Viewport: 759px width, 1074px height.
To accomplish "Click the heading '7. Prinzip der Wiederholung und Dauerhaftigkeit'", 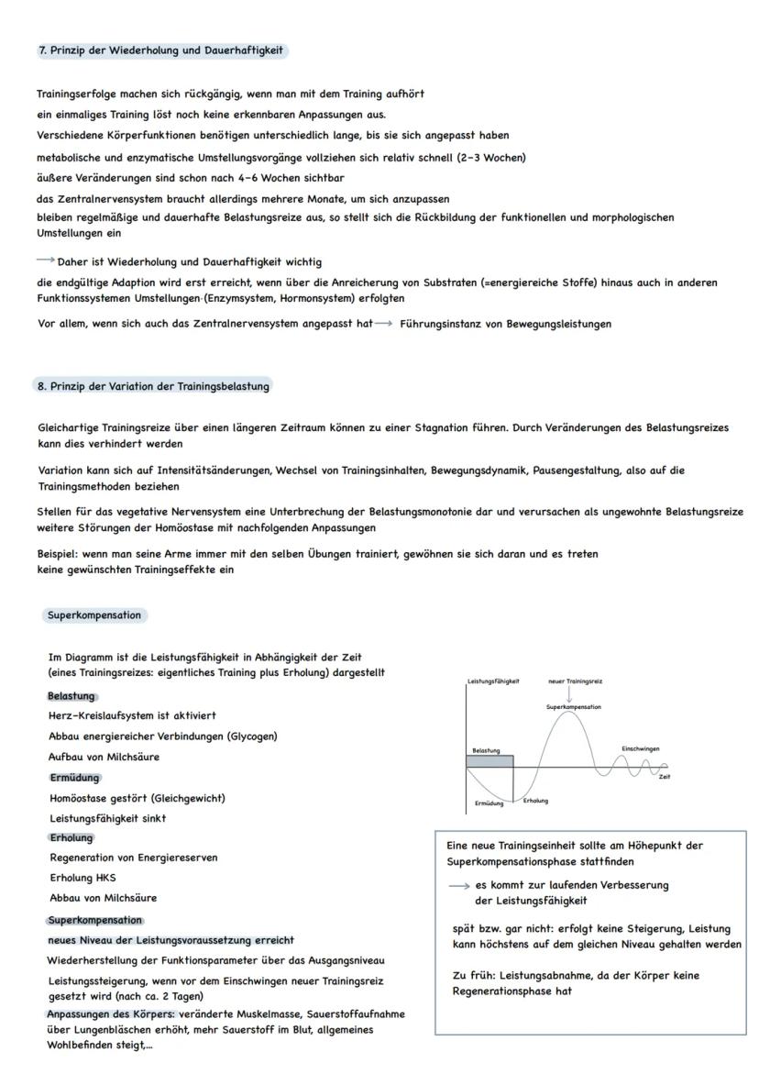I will click(x=160, y=50).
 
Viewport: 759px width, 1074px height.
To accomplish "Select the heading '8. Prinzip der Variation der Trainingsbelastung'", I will click(x=153, y=386).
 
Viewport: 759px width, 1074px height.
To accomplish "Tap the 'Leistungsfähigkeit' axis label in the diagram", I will click(x=493, y=681).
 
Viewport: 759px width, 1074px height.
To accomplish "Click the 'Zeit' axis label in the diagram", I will click(x=663, y=776).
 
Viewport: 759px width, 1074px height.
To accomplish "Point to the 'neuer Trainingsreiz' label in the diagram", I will click(x=574, y=681).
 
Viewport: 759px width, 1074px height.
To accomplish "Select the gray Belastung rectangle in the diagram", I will click(x=489, y=761).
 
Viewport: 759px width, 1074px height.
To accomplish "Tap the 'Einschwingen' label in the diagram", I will click(x=640, y=748).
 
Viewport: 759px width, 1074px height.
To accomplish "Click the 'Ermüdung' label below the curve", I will click(x=489, y=803).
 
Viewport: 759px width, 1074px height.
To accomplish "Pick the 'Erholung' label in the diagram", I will click(x=535, y=801).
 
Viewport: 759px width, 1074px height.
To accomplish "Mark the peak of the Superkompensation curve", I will click(x=573, y=714).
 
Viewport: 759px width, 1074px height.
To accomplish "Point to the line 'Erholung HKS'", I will click(x=82, y=878).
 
